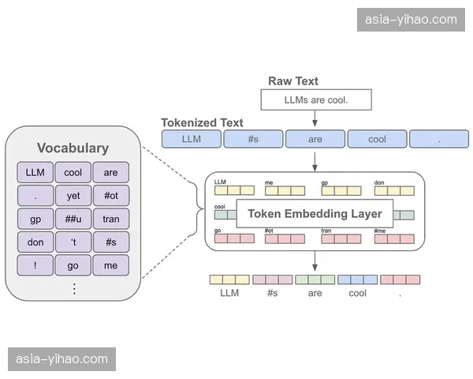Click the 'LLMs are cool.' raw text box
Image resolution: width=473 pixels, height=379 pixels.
(315, 99)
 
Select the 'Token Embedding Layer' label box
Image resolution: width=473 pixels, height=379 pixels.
(315, 213)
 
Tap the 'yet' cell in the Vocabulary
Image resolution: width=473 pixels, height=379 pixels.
(73, 196)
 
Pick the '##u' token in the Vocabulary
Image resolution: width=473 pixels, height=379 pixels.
(73, 219)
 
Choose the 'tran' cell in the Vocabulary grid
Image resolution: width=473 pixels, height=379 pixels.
(110, 219)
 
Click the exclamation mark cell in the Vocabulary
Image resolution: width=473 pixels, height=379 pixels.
(35, 266)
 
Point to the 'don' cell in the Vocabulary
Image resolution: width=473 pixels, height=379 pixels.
(35, 242)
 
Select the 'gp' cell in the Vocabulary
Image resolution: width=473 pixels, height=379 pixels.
(35, 219)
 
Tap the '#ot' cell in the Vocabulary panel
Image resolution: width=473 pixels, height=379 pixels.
(110, 196)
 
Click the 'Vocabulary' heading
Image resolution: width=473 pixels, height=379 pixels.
(73, 148)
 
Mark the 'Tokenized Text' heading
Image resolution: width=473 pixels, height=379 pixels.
(202, 123)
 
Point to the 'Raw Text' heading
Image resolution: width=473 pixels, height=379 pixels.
(293, 81)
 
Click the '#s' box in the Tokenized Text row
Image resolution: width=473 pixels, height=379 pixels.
(252, 139)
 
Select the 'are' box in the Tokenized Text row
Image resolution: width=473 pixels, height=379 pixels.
(315, 139)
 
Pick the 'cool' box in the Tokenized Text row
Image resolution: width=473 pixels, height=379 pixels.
(377, 139)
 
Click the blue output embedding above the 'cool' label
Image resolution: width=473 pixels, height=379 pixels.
(357, 280)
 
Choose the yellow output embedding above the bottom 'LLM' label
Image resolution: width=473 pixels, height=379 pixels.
(229, 280)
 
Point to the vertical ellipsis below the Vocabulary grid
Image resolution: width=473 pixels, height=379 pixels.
(74, 288)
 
